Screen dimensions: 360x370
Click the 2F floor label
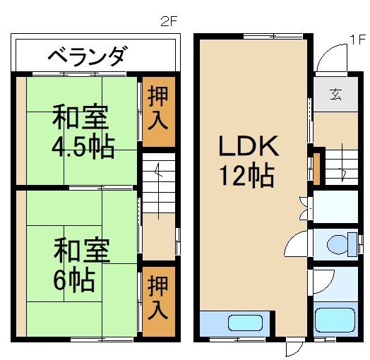click(169, 22)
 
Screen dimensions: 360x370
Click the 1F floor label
click(357, 40)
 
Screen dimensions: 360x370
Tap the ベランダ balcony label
click(88, 55)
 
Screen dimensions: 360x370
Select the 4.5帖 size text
click(83, 148)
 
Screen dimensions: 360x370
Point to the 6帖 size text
click(73, 281)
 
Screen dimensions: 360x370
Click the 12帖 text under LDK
click(247, 176)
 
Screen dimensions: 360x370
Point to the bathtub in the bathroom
click(336, 321)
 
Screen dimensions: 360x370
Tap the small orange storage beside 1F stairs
click(317, 165)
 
